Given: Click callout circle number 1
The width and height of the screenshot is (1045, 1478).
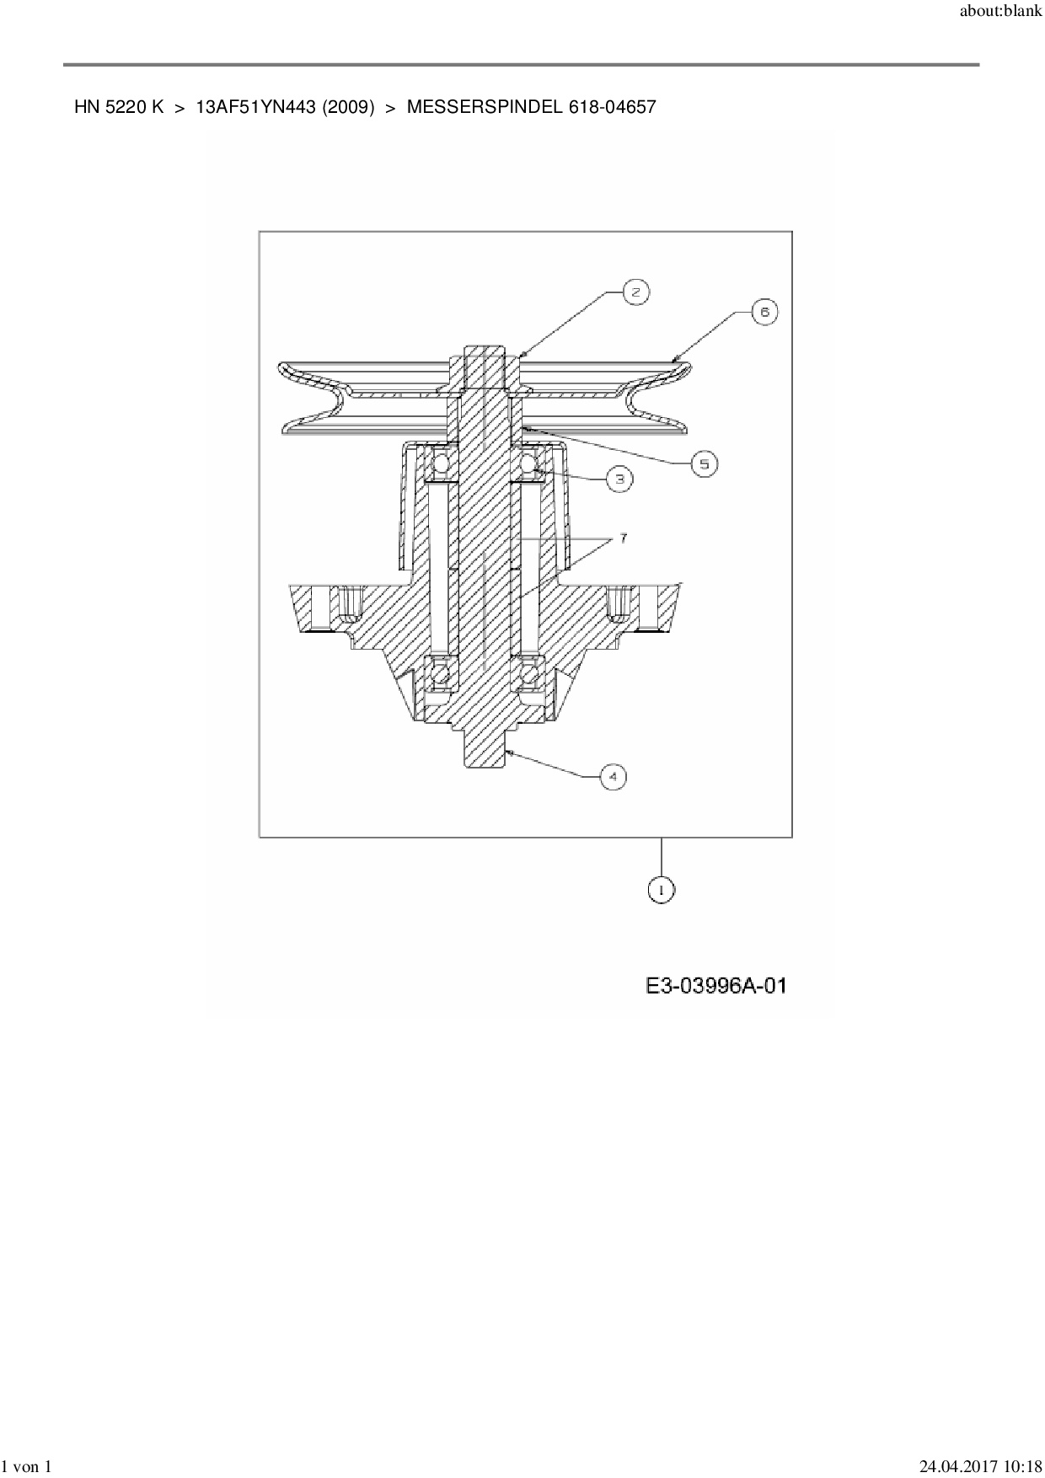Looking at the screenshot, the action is (x=662, y=890).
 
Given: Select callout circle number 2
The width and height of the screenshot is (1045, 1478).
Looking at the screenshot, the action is (x=636, y=292).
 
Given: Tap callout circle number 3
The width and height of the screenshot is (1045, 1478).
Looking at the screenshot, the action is (x=619, y=479).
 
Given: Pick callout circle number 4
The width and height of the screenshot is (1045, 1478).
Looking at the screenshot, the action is (x=613, y=776).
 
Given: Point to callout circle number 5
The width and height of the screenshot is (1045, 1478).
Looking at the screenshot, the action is (x=705, y=463).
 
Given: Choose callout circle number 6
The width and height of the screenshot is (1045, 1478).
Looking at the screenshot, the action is (x=764, y=312).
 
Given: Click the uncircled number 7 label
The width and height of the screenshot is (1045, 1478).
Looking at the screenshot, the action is (x=624, y=538).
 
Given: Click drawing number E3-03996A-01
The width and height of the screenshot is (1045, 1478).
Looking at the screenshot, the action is (x=716, y=985).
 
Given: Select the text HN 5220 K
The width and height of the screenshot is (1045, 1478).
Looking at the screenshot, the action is (x=119, y=107).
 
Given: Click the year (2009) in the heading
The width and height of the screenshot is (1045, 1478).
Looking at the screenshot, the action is (x=348, y=107).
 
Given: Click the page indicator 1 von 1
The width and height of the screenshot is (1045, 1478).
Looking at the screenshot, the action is (x=27, y=1467).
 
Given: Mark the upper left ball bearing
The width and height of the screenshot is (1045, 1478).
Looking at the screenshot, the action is (x=441, y=463).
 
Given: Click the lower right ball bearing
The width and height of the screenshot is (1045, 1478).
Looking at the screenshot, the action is (x=530, y=673).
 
